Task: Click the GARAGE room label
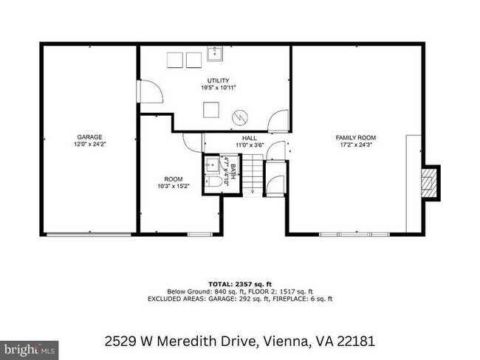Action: click(89, 136)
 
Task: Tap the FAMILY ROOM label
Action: click(356, 137)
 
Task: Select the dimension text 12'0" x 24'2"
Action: click(89, 145)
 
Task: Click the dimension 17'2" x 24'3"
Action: click(356, 145)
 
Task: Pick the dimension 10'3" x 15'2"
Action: click(174, 186)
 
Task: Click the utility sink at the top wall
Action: click(216, 52)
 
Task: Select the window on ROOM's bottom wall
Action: click(199, 234)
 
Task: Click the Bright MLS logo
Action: click(30, 347)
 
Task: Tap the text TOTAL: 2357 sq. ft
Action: click(240, 283)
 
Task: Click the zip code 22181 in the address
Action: click(357, 342)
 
